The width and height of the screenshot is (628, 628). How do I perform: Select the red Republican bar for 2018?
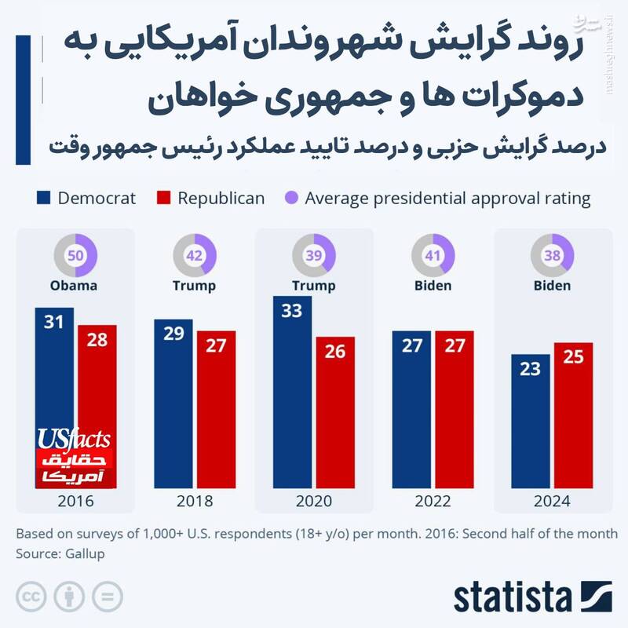[x=216, y=408]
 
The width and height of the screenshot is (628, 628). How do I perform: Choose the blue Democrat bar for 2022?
[x=411, y=408]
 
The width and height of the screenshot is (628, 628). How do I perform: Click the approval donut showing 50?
[x=75, y=255]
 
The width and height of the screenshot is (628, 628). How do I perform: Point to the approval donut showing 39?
[x=313, y=255]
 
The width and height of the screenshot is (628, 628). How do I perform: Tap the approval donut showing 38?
[x=552, y=255]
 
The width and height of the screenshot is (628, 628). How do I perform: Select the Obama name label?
[x=75, y=285]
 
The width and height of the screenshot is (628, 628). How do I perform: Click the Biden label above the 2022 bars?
[x=433, y=285]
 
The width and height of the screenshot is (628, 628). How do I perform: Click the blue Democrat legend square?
[x=44, y=198]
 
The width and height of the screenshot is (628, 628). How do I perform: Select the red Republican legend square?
[x=164, y=198]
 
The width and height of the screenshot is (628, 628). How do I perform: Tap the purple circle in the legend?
[x=291, y=198]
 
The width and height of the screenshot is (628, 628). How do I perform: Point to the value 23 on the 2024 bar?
[x=530, y=368]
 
